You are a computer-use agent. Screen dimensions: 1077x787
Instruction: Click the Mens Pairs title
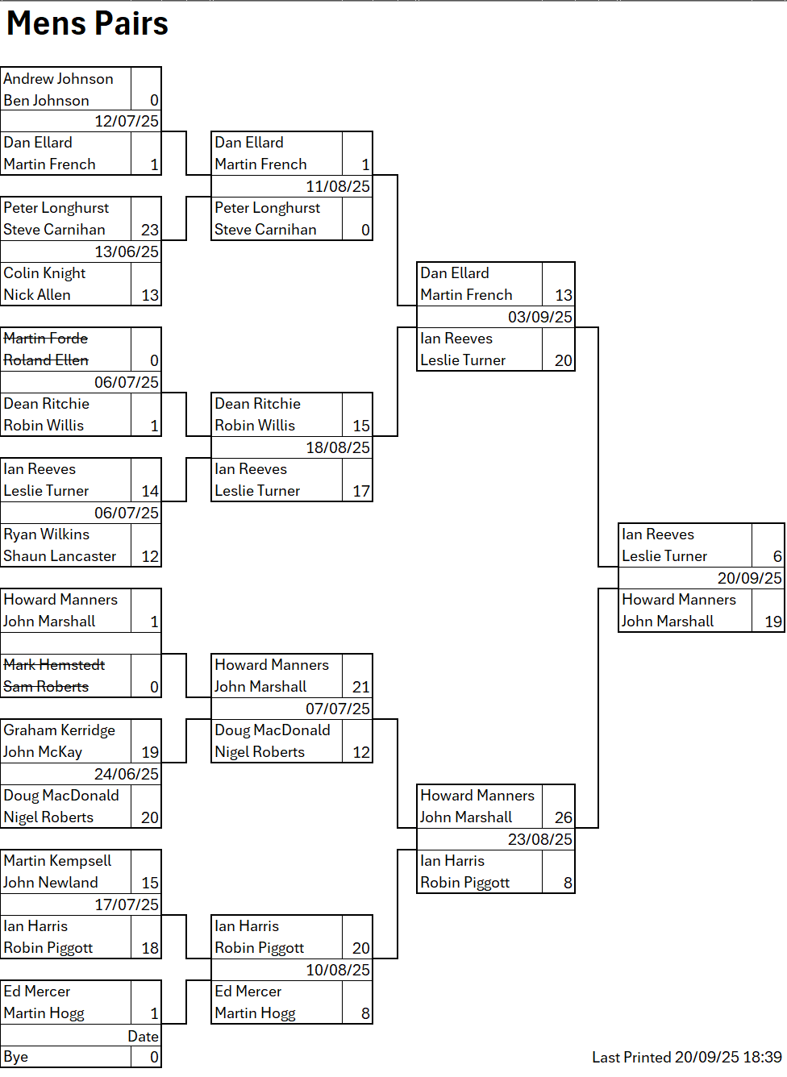point(87,23)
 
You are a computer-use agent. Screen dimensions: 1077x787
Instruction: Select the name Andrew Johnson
point(58,79)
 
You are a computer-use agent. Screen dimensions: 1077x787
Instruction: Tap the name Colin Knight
point(44,273)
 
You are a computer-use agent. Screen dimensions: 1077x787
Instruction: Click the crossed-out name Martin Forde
point(46,339)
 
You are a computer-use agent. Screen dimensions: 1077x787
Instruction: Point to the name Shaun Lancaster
point(60,556)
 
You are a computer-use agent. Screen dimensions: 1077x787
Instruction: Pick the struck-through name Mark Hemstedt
point(54,665)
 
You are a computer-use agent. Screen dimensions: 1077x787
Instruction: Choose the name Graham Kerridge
point(59,730)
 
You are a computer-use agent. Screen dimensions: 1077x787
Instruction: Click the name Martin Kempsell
point(57,861)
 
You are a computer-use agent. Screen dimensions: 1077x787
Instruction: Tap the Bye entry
point(16,1057)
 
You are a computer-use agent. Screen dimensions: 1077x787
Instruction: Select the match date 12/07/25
point(127,122)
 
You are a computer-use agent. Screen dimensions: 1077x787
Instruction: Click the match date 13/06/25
point(127,252)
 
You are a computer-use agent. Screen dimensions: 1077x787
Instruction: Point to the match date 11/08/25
point(338,187)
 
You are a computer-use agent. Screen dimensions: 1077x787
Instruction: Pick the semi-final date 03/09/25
point(540,318)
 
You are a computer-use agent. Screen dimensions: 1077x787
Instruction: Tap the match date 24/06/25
point(127,775)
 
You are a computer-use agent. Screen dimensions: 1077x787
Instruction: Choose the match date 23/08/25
point(540,840)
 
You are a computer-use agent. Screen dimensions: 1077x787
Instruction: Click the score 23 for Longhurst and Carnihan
point(150,230)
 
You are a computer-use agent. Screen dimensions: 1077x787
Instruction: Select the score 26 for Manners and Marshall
point(564,817)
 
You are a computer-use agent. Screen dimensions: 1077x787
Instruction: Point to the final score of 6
point(777,556)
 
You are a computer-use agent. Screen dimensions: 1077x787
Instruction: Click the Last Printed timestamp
point(687,1057)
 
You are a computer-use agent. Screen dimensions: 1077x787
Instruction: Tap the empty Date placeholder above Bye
point(144,1037)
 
